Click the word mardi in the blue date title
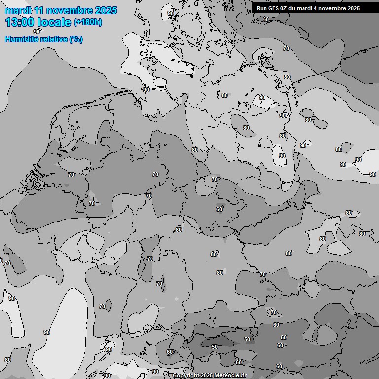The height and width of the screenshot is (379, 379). tap(18, 10)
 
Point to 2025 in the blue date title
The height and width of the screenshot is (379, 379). tap(106, 10)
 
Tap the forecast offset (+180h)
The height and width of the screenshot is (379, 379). tap(87, 22)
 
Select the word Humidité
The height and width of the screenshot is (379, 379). tap(20, 39)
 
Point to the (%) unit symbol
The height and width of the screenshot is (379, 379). tap(76, 39)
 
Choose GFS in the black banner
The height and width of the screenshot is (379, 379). tap(274, 8)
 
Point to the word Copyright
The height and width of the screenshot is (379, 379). tap(186, 376)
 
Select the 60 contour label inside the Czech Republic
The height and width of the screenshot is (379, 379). tap(219, 209)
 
